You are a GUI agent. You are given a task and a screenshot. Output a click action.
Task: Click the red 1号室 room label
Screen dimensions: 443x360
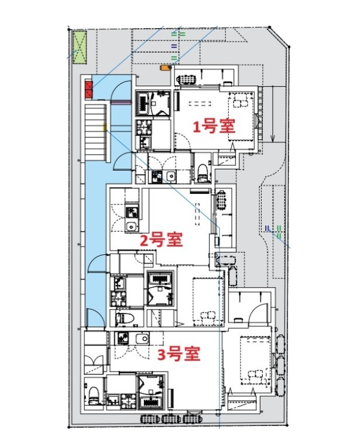point(214,127)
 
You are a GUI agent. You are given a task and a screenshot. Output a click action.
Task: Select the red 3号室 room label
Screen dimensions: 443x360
point(179,354)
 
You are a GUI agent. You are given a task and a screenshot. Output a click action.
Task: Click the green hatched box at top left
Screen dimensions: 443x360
point(79,47)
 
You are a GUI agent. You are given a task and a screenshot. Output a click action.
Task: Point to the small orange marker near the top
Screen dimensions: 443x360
point(166,69)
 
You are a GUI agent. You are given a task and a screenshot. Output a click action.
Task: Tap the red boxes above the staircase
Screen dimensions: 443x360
point(89,90)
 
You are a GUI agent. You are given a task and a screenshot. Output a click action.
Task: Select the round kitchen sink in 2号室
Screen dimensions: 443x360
point(132,228)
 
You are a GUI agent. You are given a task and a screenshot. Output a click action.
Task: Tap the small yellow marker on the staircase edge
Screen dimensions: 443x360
point(105,127)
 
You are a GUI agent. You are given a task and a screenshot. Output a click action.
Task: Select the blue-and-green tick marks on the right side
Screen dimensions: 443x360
point(273,230)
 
